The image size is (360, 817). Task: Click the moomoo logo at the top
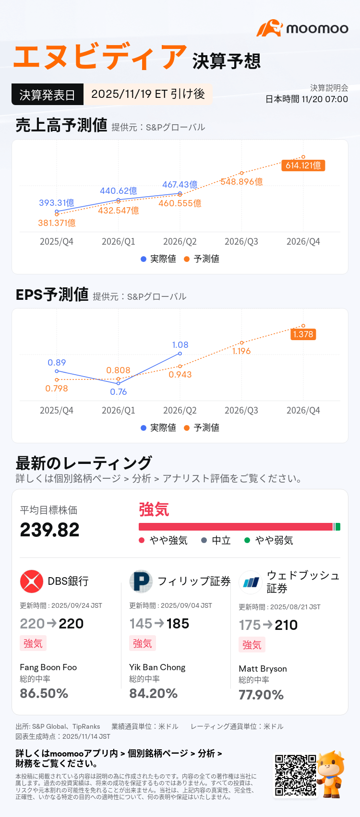tap(302, 28)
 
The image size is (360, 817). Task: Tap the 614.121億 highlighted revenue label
tap(303, 166)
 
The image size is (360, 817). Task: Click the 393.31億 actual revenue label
tap(57, 203)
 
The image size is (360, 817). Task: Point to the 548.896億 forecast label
tap(242, 182)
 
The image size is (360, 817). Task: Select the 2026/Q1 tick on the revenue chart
tap(118, 242)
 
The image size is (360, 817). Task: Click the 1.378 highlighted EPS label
tap(303, 334)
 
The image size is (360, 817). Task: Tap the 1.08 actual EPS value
tap(180, 345)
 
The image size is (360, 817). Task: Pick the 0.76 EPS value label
tap(118, 392)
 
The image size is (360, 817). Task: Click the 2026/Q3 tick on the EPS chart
tap(241, 411)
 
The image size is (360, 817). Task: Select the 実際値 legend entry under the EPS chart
tap(158, 427)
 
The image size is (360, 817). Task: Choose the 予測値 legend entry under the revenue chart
tap(202, 259)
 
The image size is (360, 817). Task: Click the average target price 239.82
tap(49, 530)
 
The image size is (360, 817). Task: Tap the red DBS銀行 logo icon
tap(32, 581)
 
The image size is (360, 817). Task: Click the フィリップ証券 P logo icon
tap(141, 581)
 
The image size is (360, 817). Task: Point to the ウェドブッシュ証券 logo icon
tap(251, 582)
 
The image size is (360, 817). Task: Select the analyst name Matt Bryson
tap(263, 669)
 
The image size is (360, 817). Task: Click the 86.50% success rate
tap(44, 694)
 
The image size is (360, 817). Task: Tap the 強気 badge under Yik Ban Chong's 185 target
tap(142, 643)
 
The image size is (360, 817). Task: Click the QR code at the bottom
tap(295, 775)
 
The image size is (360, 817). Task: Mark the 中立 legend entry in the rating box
tap(216, 541)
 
